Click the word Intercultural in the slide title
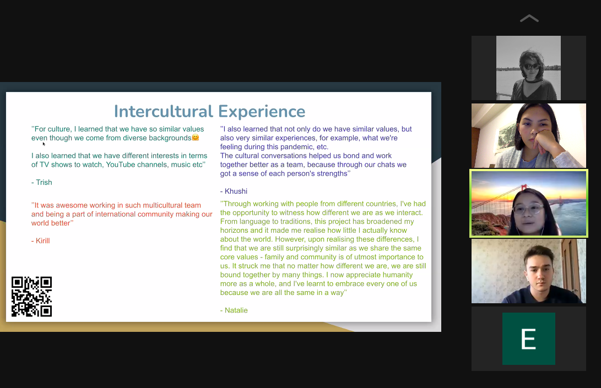pyautogui.click(x=164, y=112)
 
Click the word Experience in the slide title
pyautogui.click(x=262, y=112)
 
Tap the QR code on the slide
pyautogui.click(x=31, y=297)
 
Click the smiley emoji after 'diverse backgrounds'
pyautogui.click(x=196, y=138)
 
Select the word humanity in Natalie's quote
pyautogui.click(x=398, y=275)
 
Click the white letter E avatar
pyautogui.click(x=528, y=338)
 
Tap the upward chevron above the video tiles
pyautogui.click(x=529, y=18)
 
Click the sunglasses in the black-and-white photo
pyautogui.click(x=531, y=67)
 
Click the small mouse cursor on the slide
pyautogui.click(x=44, y=144)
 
